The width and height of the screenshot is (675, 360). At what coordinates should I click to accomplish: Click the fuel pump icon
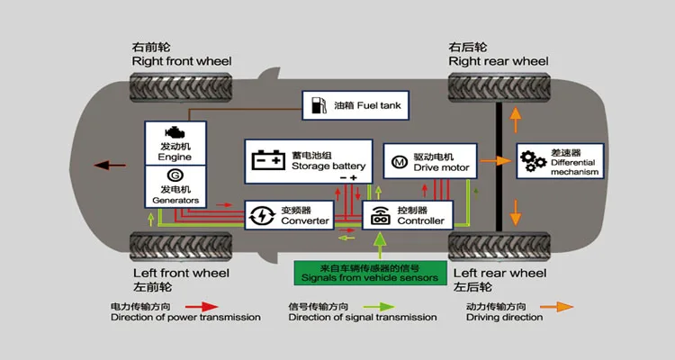pyautogui.click(x=317, y=106)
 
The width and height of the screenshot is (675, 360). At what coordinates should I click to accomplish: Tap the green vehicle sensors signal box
pyautogui.click(x=369, y=273)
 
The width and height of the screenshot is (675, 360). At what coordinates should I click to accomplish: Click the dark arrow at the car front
pyautogui.click(x=111, y=165)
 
